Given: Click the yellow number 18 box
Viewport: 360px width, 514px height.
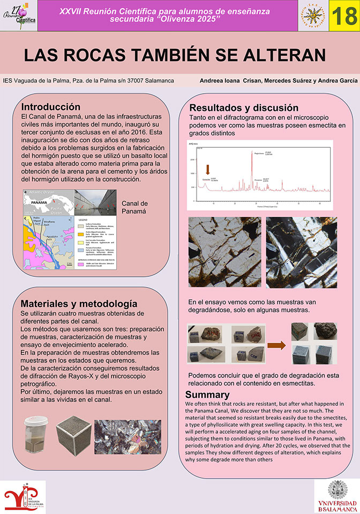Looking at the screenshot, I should pos(343,16).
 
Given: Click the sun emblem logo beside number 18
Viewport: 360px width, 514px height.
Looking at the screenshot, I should pos(313,16).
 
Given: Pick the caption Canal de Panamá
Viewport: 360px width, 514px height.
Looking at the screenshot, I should pos(135,208).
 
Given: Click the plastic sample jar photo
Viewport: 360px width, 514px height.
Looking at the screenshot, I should pos(36,437).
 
